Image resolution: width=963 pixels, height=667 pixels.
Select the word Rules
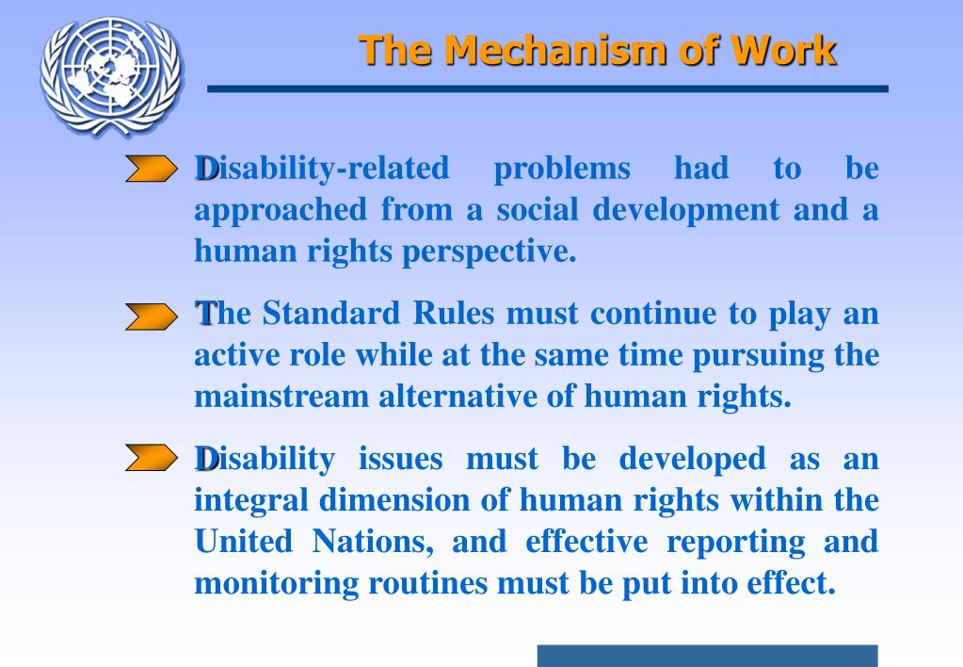[457, 314]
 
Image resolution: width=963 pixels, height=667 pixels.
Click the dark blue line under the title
[547, 89]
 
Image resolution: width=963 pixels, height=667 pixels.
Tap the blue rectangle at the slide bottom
[707, 656]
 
